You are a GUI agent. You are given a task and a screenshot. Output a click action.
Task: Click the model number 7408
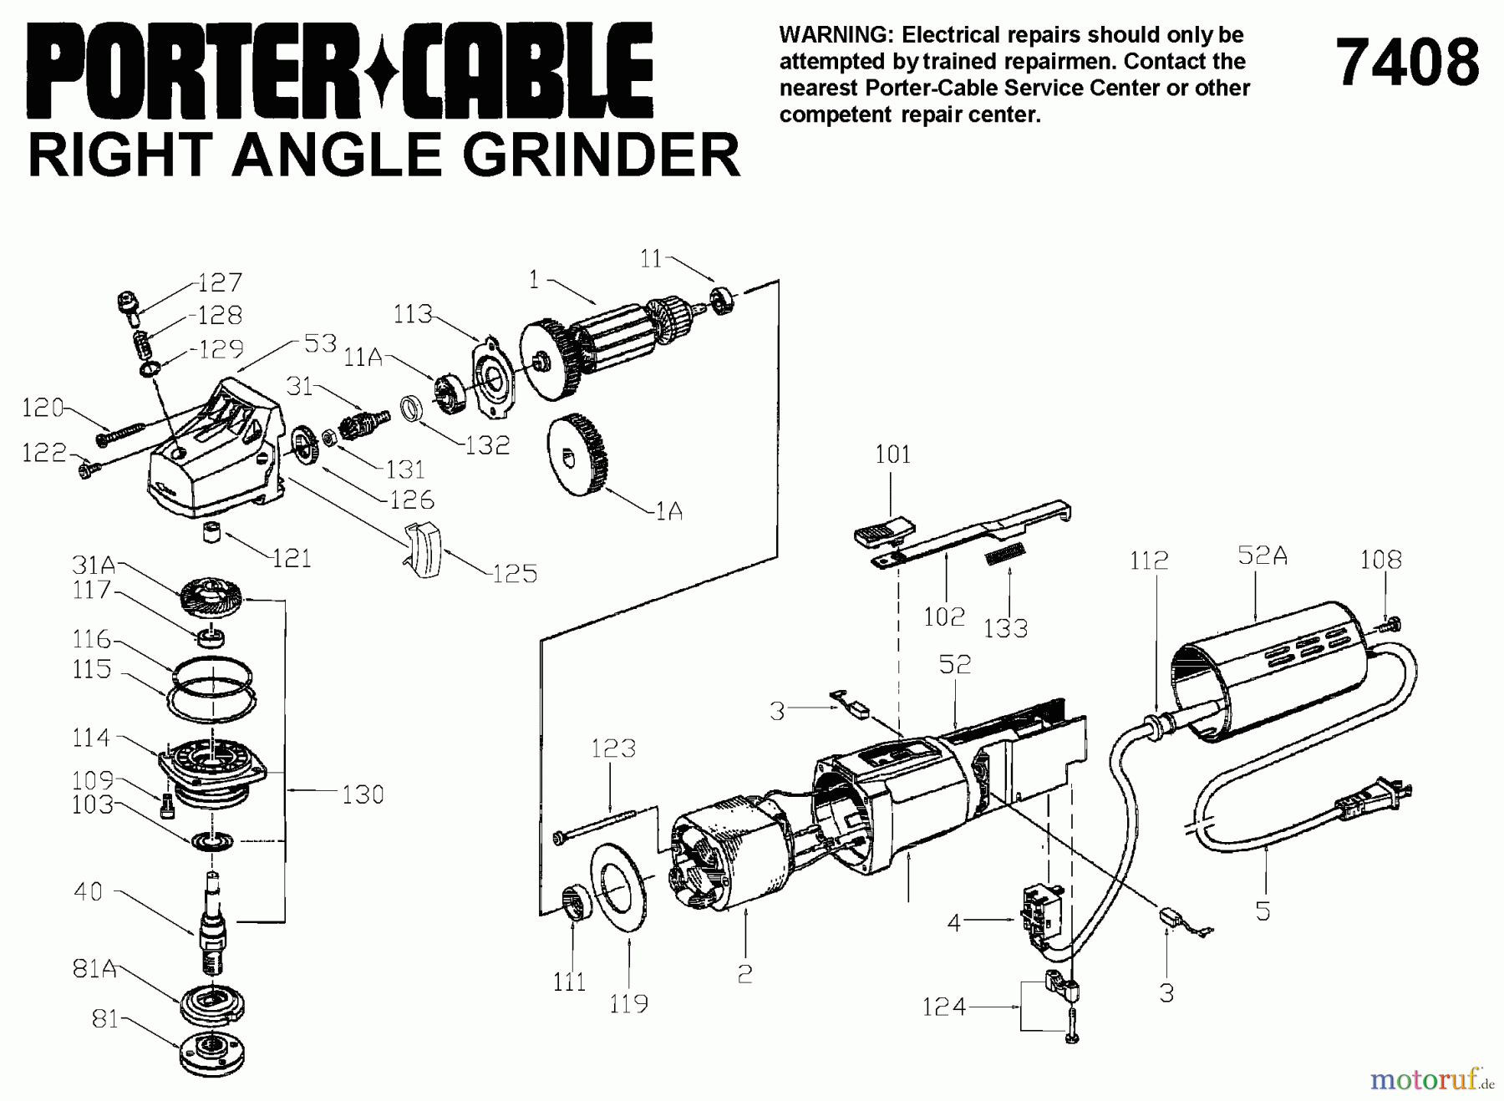point(1407,64)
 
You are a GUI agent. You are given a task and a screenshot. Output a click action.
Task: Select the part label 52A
point(1262,555)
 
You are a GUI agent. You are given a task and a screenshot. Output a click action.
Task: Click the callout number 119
point(628,1003)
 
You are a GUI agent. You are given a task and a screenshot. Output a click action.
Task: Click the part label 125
point(514,573)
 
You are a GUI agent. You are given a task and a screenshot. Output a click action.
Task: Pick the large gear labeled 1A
point(578,454)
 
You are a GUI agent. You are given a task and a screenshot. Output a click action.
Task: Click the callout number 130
point(363,794)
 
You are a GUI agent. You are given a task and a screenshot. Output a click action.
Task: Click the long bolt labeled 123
point(602,824)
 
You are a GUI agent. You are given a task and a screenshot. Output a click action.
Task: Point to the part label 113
point(413,314)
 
